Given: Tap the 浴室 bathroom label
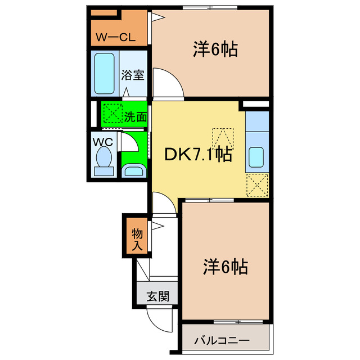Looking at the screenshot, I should [x=133, y=75].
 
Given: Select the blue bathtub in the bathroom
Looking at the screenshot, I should [x=105, y=74].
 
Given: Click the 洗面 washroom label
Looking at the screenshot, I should [x=136, y=118].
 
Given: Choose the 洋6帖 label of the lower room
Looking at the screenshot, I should [x=225, y=267].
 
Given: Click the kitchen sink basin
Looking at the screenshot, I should [x=256, y=157].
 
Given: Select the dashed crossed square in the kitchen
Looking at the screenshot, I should [x=256, y=184].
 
